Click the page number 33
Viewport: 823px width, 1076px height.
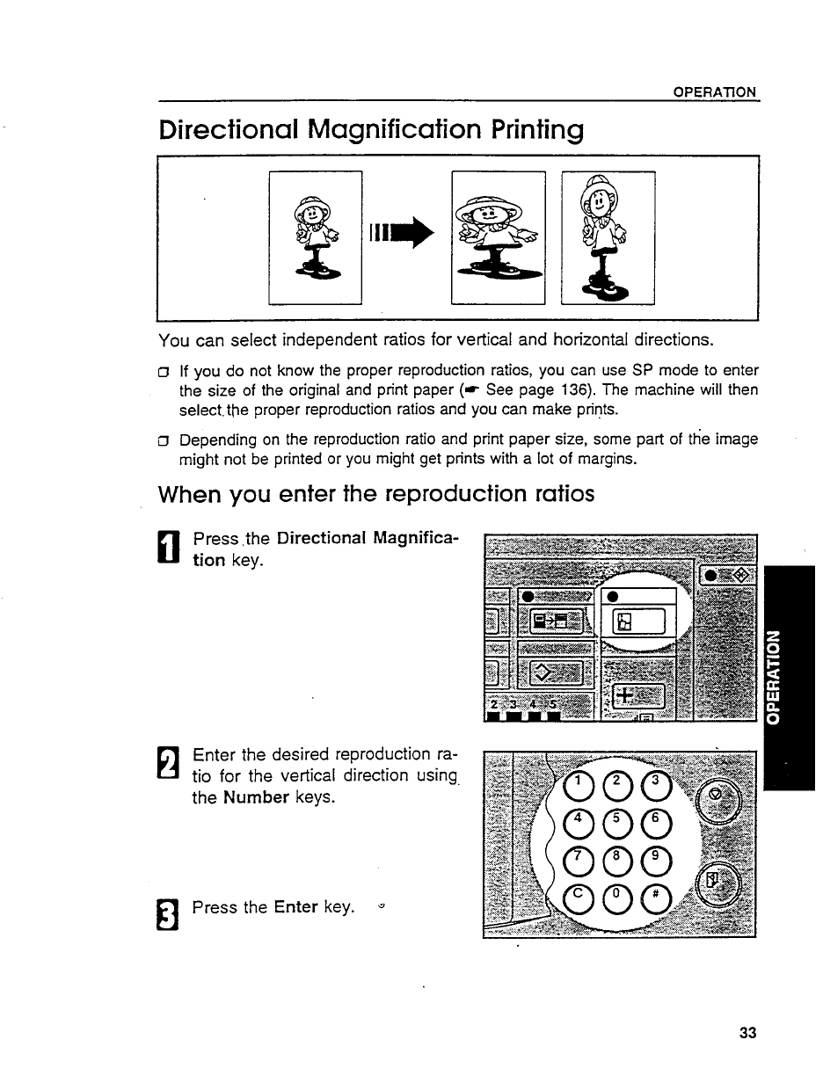pyautogui.click(x=747, y=1033)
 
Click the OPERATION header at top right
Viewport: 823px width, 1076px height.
pyautogui.click(x=715, y=92)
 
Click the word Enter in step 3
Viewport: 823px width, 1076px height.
pyautogui.click(x=295, y=906)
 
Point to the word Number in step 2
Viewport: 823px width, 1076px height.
pyautogui.click(x=256, y=797)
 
